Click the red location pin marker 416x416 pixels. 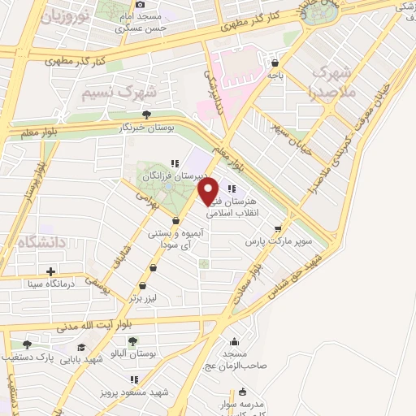(208, 191)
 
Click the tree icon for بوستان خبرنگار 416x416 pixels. (145, 115)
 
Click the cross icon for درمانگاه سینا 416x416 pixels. (51, 271)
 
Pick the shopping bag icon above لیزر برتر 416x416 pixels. (144, 284)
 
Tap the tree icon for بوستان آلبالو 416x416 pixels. (132, 341)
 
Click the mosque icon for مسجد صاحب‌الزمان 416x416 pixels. (235, 341)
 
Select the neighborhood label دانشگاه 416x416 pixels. (28, 240)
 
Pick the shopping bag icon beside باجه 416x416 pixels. (277, 61)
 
